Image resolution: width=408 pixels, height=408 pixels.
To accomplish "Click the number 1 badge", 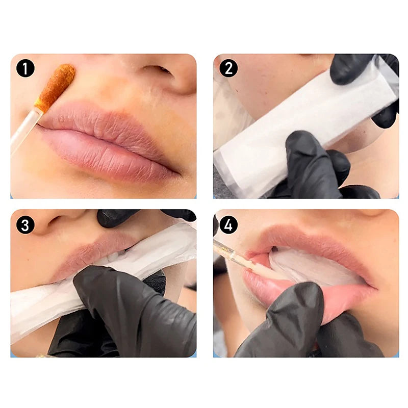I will pos(25,68).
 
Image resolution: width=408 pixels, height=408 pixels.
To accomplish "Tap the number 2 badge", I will pos(228,68).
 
